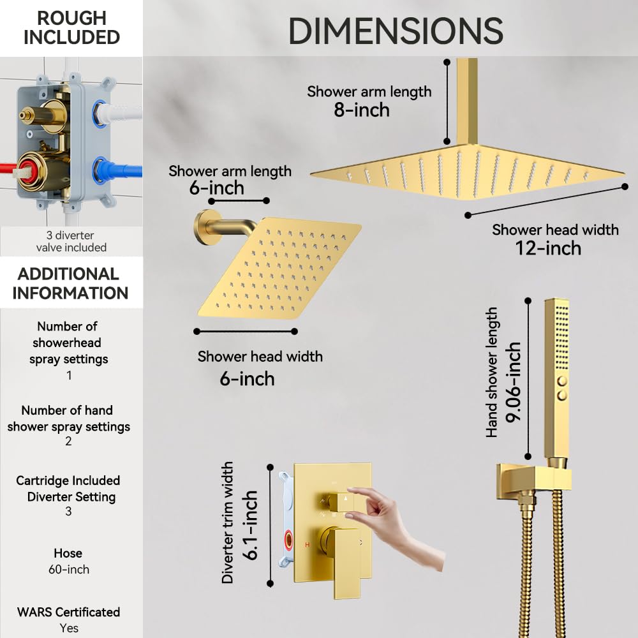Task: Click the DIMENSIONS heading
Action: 396,31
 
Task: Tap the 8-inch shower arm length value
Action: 362,110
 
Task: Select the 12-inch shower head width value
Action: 548,248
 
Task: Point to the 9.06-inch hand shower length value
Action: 513,382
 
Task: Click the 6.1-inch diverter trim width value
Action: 250,525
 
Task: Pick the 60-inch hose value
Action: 69,569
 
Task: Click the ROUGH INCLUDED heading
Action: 71,27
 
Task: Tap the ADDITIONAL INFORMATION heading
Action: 70,284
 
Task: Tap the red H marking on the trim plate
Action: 308,544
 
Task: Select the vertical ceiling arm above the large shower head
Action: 467,101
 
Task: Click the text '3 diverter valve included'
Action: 71,241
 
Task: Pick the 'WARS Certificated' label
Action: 68,612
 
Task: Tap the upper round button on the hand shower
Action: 562,382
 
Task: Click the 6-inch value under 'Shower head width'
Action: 247,379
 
